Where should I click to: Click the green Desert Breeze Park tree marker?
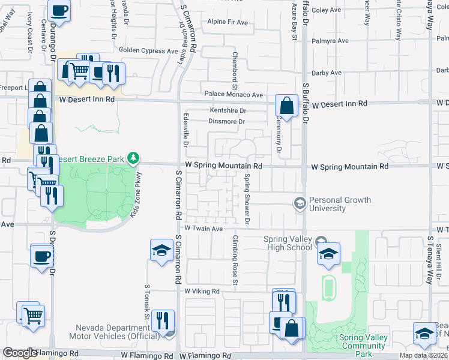coord(133,159)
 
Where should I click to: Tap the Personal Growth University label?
coord(339,205)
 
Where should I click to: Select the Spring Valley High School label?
coord(288,243)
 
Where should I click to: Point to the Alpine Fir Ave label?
coord(227,22)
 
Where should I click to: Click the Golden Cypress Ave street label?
coord(148,51)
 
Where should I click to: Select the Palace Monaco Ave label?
coord(234,95)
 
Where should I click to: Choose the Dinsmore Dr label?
coord(228,122)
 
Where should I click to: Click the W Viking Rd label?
coord(203,291)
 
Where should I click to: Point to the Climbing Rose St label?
coord(235,260)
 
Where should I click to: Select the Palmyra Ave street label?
coord(330,41)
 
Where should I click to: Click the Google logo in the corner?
coord(19,353)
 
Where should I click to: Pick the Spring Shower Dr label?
coord(247,200)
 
